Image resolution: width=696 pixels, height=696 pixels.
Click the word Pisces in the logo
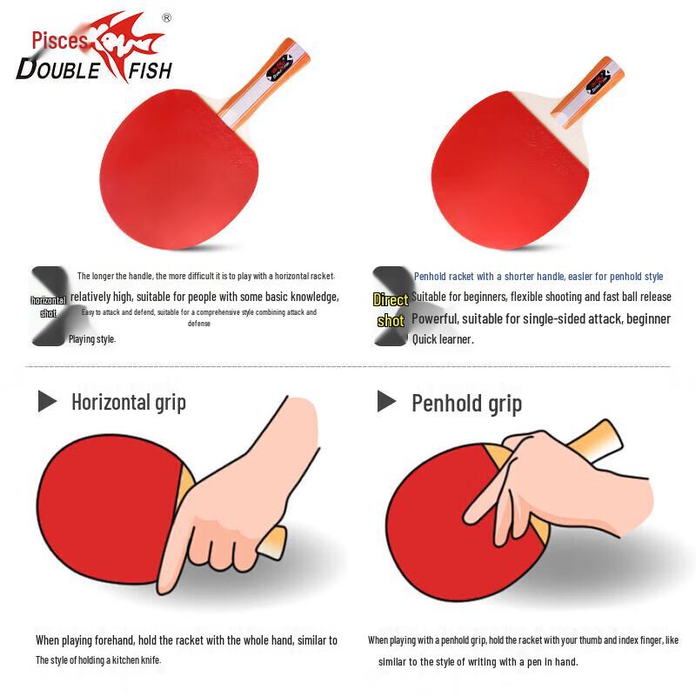coord(60,40)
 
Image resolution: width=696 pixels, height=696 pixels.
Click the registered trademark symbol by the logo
coord(167,17)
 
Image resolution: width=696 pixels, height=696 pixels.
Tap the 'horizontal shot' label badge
coord(48,306)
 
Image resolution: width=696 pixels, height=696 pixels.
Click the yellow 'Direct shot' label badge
coord(391,310)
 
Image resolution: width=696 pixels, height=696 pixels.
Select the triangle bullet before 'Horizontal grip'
coord(47,401)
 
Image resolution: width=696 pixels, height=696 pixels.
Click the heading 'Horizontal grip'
coord(128,402)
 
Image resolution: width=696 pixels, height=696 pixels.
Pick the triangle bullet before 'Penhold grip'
coord(386,401)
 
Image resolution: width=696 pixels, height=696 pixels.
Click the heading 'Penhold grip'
coord(466,403)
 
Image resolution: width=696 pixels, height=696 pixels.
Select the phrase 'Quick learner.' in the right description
coord(442,339)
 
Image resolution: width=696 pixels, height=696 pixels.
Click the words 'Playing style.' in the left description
coord(91,339)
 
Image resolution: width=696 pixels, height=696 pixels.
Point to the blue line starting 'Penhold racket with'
coord(538,277)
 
